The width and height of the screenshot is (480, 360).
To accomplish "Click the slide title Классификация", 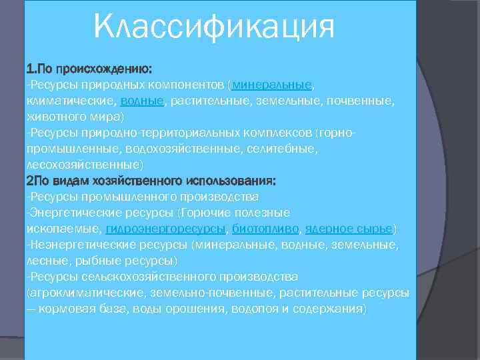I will (x=213, y=28).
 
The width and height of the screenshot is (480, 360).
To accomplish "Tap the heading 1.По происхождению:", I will (x=89, y=69).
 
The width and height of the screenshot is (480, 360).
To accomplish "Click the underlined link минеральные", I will (x=272, y=85).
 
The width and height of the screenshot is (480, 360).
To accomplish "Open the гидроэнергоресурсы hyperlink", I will (x=165, y=229).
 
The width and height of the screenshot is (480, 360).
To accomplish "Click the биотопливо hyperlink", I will (x=265, y=229).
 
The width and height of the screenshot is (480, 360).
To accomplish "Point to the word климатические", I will (x=71, y=101).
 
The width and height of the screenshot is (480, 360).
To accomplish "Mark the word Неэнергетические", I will (x=73, y=245).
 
